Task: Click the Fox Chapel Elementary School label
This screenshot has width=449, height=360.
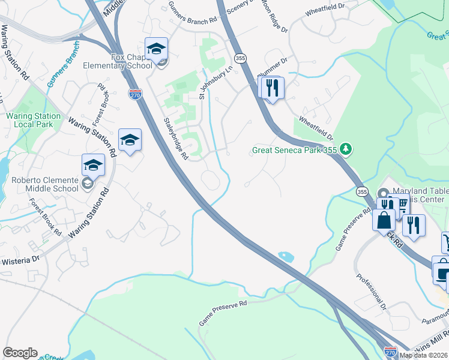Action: pyautogui.click(x=131, y=62)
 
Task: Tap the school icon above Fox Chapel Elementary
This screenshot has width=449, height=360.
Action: pyautogui.click(x=156, y=49)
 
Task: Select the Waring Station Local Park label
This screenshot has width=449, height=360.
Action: pyautogui.click(x=33, y=120)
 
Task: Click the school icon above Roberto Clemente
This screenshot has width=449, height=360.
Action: pyautogui.click(x=93, y=165)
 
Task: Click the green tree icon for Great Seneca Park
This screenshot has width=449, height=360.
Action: pyautogui.click(x=345, y=148)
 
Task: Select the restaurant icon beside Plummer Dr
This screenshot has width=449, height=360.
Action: pyautogui.click(x=271, y=88)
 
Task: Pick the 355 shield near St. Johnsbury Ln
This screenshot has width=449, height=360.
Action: pyautogui.click(x=240, y=58)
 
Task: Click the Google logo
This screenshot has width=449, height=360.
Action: pyautogui.click(x=20, y=353)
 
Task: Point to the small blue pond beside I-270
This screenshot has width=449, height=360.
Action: pyautogui.click(x=286, y=257)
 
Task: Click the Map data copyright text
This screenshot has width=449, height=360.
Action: pyautogui.click(x=423, y=355)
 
